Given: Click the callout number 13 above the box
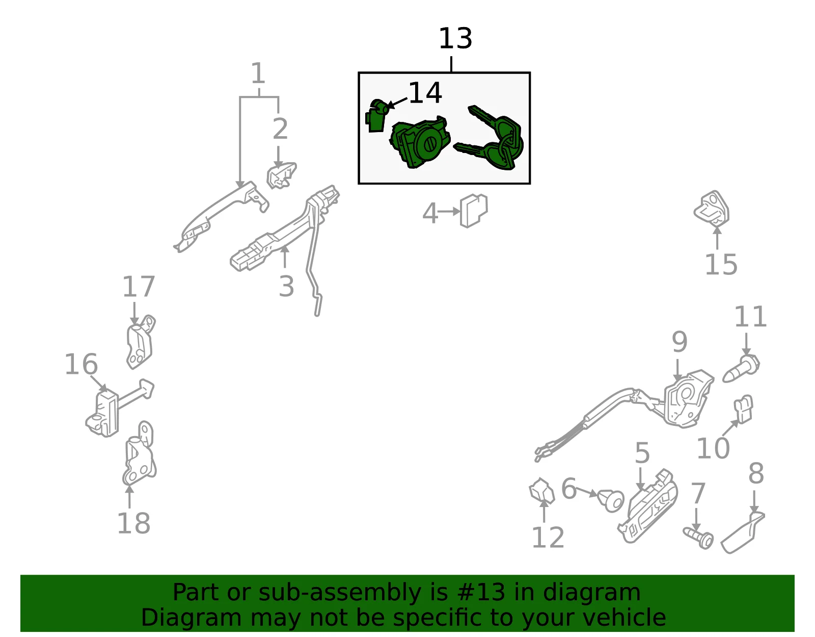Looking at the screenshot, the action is pyautogui.click(x=455, y=38).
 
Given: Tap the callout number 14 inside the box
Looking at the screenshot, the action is pyautogui.click(x=425, y=93).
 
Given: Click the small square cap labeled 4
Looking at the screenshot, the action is pyautogui.click(x=474, y=211).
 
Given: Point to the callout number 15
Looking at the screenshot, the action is pyautogui.click(x=721, y=265).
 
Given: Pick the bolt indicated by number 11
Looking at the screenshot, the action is pyautogui.click(x=741, y=368).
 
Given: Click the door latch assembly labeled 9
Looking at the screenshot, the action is pyautogui.click(x=688, y=399).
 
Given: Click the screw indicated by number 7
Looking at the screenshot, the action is pyautogui.click(x=698, y=538).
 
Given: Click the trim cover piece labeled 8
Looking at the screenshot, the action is pyautogui.click(x=742, y=532).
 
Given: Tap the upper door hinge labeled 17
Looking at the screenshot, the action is pyautogui.click(x=140, y=342).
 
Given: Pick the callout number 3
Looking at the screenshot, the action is pyautogui.click(x=286, y=287).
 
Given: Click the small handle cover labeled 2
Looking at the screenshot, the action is pyautogui.click(x=281, y=175).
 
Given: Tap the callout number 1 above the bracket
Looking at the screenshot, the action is pyautogui.click(x=258, y=73).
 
